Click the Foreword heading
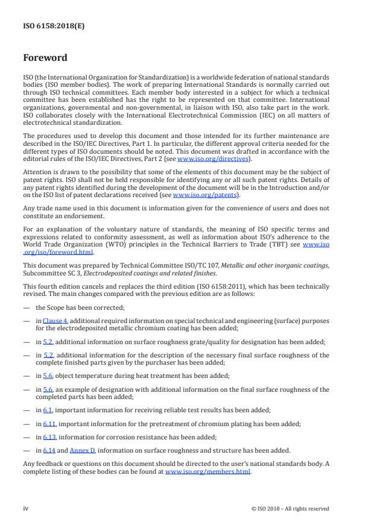[x=45, y=58]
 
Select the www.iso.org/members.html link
[x=208, y=472]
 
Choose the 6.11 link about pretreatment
[x=48, y=424]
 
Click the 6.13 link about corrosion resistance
[x=48, y=436]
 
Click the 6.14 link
[x=48, y=450]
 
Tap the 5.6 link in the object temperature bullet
[x=46, y=377]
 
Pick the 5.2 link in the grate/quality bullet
[x=46, y=342]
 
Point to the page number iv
[x=25, y=508]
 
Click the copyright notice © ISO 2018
[x=290, y=509]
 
